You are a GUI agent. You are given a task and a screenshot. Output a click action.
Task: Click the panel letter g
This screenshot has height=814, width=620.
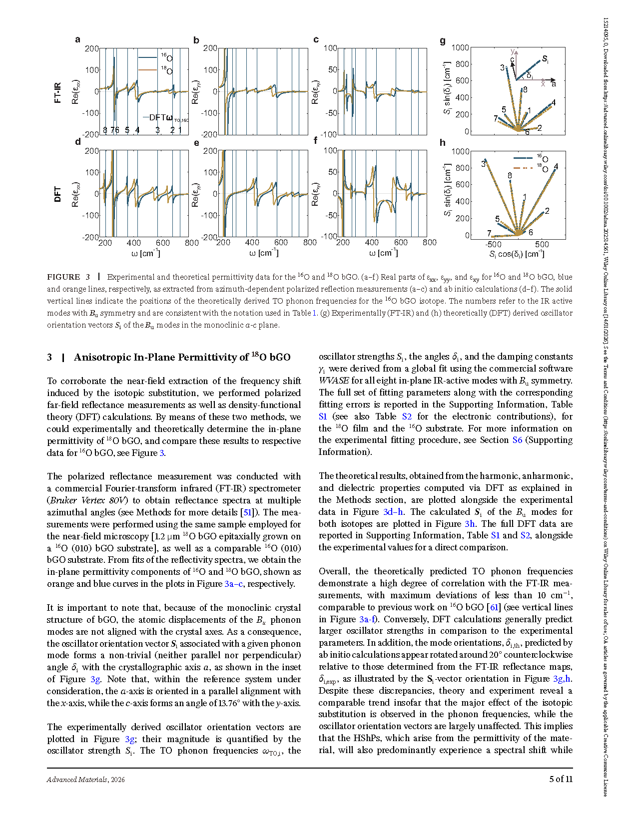pyautogui.click(x=443, y=41)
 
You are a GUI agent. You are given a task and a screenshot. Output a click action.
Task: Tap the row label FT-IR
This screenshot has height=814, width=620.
pyautogui.click(x=57, y=93)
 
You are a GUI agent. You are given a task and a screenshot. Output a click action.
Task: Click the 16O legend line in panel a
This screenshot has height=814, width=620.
pyautogui.click(x=147, y=57)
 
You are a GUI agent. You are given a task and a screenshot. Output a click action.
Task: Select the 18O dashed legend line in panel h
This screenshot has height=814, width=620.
pyautogui.click(x=523, y=168)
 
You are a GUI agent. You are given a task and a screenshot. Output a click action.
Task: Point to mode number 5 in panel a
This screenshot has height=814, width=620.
pyautogui.click(x=127, y=130)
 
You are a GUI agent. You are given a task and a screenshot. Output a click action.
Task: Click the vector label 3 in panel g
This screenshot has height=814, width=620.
pyautogui.click(x=502, y=68)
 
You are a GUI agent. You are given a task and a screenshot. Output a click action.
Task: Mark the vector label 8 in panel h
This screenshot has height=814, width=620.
pyautogui.click(x=510, y=175)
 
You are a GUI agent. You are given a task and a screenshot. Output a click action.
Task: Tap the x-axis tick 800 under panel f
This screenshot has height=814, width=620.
pyautogui.click(x=429, y=243)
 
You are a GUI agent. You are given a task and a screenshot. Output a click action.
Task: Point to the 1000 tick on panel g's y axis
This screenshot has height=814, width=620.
pyautogui.click(x=460, y=47)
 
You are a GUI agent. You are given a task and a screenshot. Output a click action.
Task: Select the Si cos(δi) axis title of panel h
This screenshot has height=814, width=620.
pyautogui.click(x=517, y=254)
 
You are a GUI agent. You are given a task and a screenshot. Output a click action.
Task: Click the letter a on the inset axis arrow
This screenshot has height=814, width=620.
pyautogui.click(x=554, y=84)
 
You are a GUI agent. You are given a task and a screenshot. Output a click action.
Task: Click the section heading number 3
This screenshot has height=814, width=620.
pyautogui.click(x=49, y=358)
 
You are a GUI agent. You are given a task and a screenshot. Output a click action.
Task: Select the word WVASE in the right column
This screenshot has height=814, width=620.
pyautogui.click(x=334, y=381)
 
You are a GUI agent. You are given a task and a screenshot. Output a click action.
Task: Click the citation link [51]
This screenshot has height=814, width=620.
pyautogui.click(x=247, y=512)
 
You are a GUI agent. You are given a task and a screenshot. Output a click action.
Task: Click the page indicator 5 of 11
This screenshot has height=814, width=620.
pyautogui.click(x=561, y=779)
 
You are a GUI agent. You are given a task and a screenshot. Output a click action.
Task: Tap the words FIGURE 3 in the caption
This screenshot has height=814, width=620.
pyautogui.click(x=68, y=277)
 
